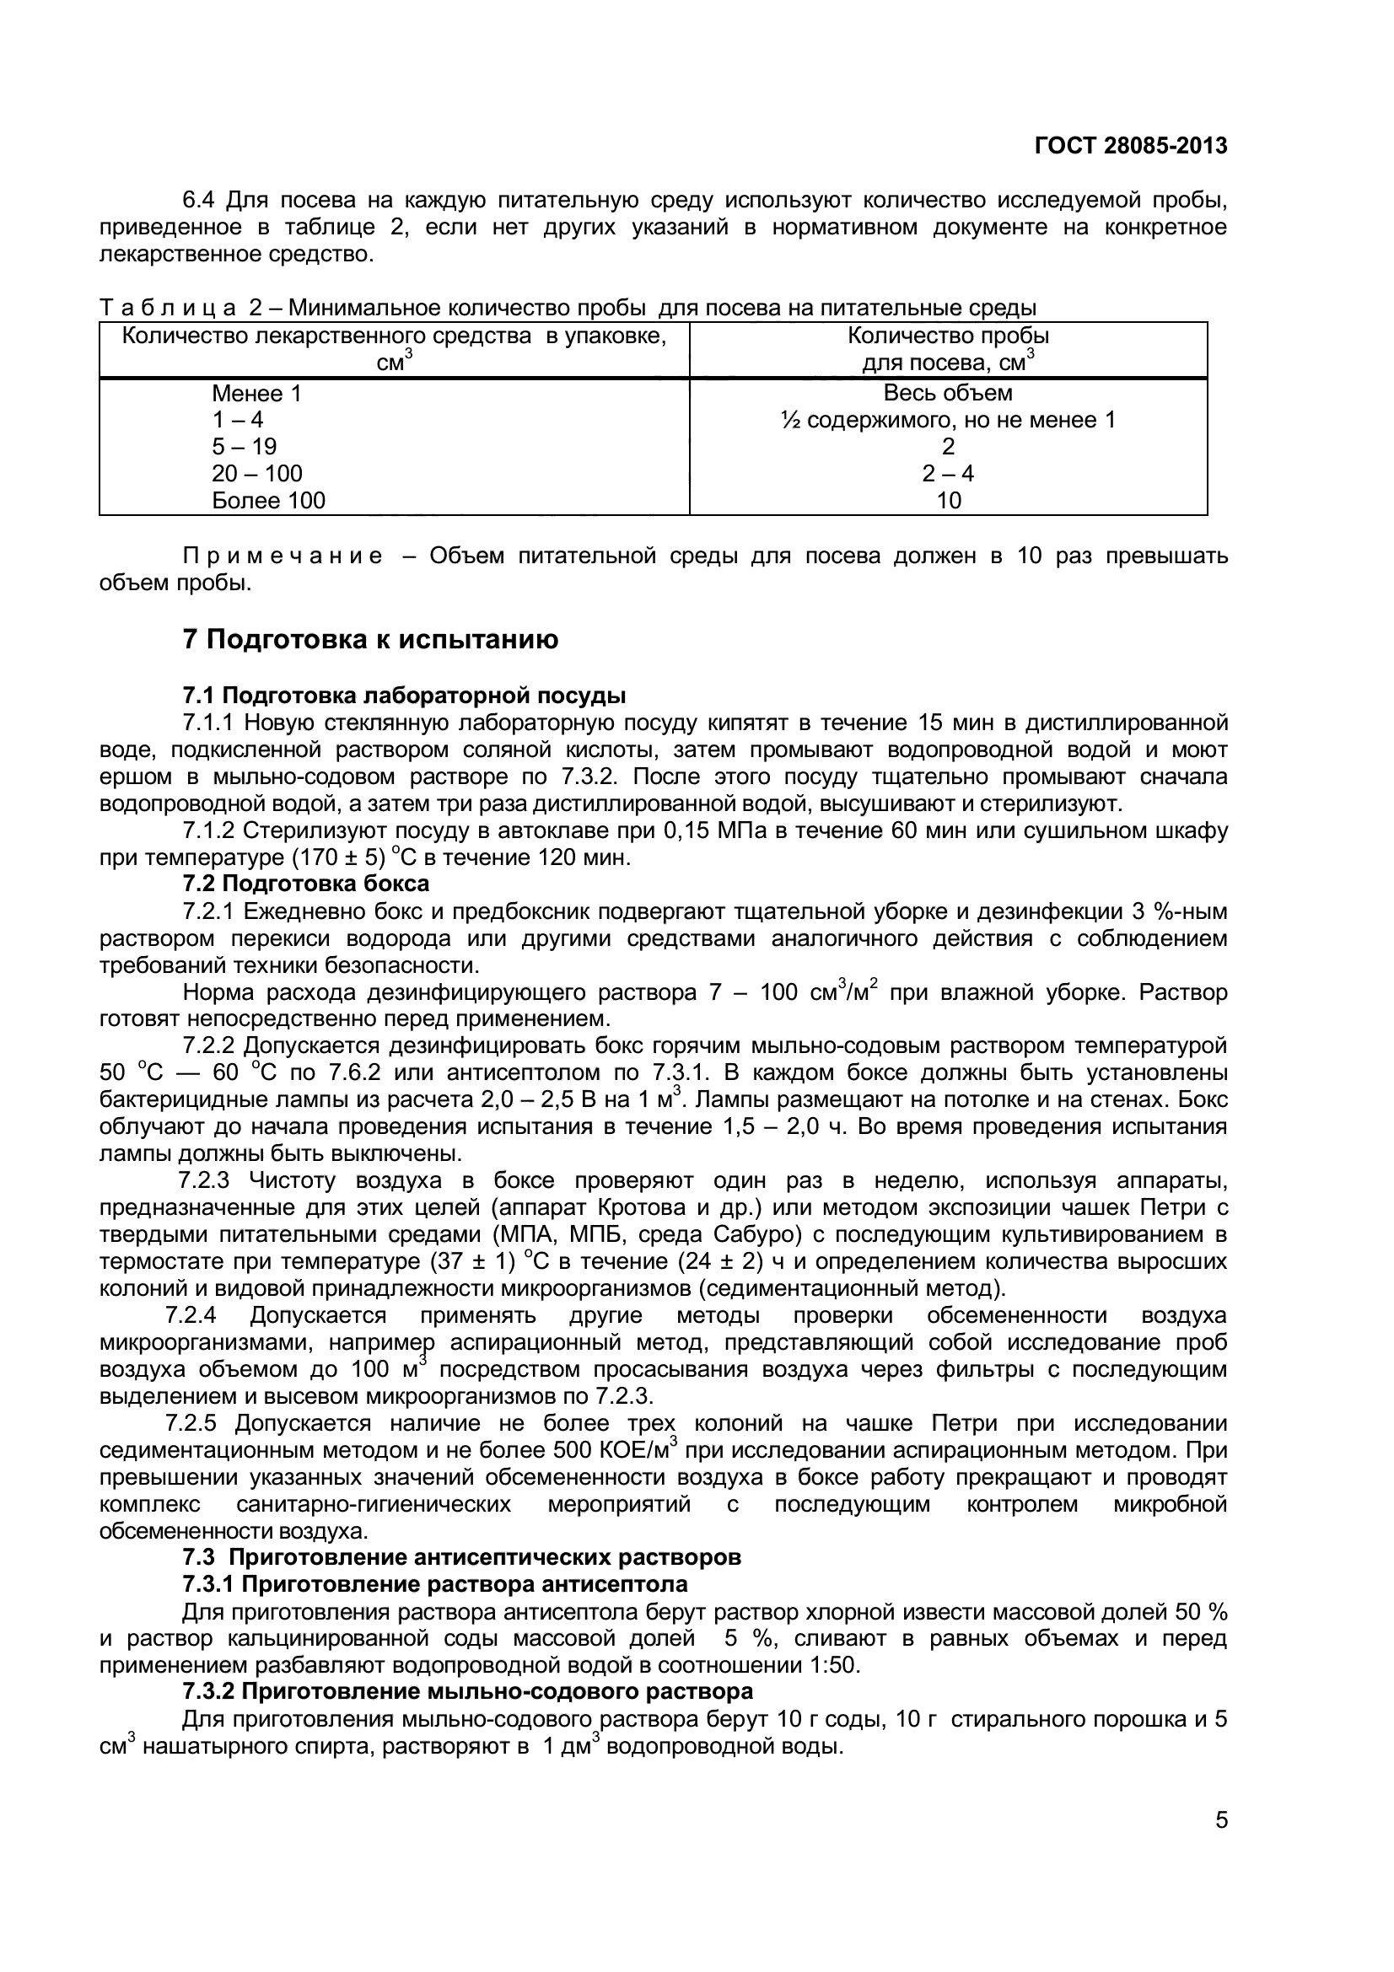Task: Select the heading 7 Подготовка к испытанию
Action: pyautogui.click(x=370, y=639)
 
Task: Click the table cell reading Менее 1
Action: pyautogui.click(x=257, y=394)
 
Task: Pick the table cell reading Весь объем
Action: pyautogui.click(x=947, y=394)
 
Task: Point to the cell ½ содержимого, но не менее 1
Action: pyautogui.click(x=947, y=420)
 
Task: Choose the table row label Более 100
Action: pyautogui.click(x=269, y=500)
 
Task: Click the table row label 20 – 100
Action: pyautogui.click(x=257, y=473)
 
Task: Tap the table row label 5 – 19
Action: pyautogui.click(x=244, y=447)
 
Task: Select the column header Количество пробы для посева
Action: pyautogui.click(x=947, y=349)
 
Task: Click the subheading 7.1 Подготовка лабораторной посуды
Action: pyautogui.click(x=404, y=695)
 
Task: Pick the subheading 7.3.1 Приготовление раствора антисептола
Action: pyautogui.click(x=434, y=1584)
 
